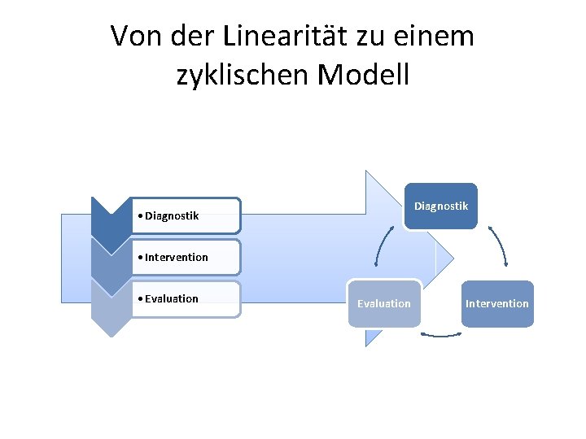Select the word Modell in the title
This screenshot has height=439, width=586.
coord(365,75)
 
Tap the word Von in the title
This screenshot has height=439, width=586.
coord(133,37)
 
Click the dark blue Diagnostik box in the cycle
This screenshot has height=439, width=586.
coord(440,206)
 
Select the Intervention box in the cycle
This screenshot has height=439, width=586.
coord(496,304)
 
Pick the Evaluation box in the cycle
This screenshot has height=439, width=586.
coord(384,304)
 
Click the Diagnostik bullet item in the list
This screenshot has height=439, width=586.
coord(172,216)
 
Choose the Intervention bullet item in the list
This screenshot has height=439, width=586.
coord(176,258)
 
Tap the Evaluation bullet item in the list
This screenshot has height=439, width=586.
coord(171,299)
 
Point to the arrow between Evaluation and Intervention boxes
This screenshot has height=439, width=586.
coord(440,333)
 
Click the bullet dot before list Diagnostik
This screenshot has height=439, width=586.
coord(141,216)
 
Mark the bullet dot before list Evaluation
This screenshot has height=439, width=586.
coord(141,299)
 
